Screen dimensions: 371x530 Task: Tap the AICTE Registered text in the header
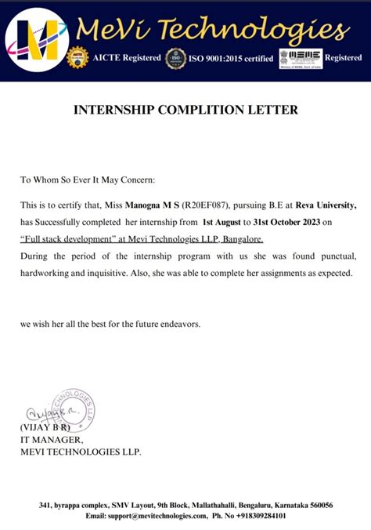126,58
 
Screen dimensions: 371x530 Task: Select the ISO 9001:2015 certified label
232,58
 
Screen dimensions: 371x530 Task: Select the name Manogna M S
155,205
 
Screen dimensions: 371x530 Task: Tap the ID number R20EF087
206,205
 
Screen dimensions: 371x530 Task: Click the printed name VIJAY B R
45,427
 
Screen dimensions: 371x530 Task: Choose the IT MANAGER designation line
51,440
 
